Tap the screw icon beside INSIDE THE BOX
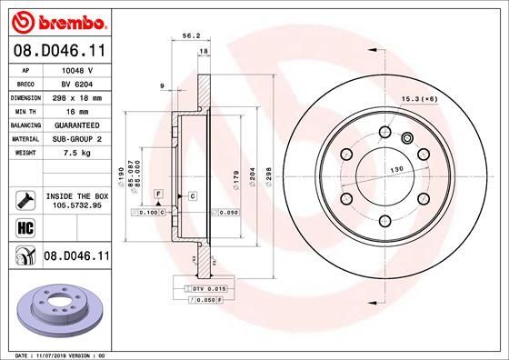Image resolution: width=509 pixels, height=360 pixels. (23, 198)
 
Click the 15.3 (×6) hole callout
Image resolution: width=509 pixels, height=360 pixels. (419, 97)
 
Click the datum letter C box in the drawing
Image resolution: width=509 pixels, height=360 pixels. (192, 195)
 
